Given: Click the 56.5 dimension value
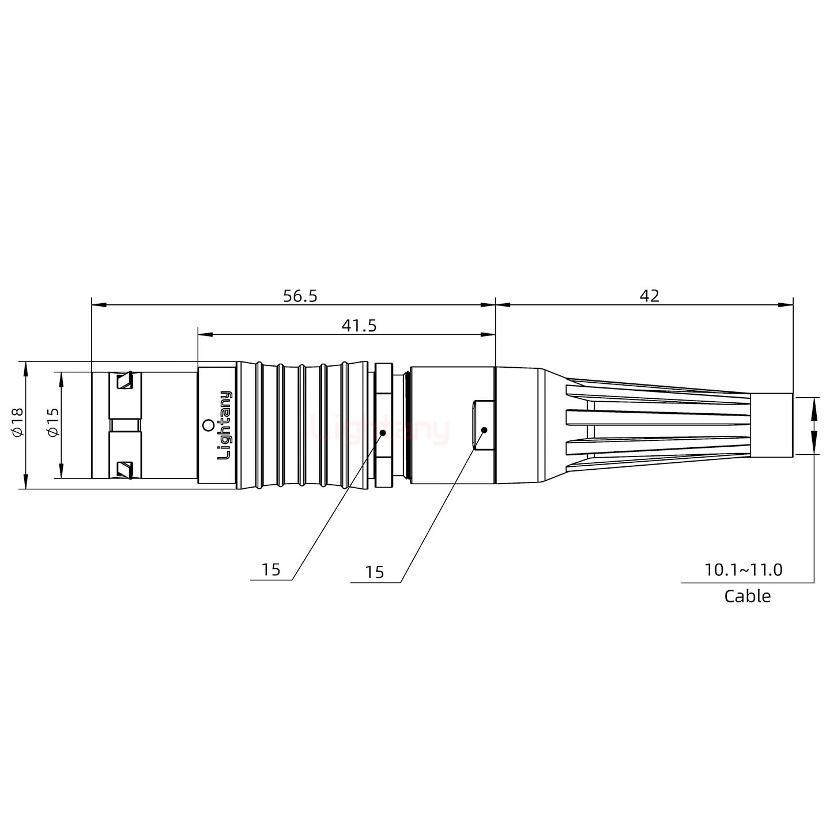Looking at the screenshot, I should (x=300, y=296).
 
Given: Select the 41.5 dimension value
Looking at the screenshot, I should (x=359, y=326).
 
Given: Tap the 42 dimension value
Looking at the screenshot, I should (x=649, y=296).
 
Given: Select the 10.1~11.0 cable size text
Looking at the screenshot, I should (x=744, y=570).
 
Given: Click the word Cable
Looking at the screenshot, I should (x=747, y=595).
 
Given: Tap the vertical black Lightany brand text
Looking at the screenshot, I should (x=224, y=425).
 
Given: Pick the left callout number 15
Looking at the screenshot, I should (x=270, y=570).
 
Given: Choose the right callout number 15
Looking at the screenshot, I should (x=374, y=572).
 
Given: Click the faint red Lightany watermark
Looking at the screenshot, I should (x=380, y=429).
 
